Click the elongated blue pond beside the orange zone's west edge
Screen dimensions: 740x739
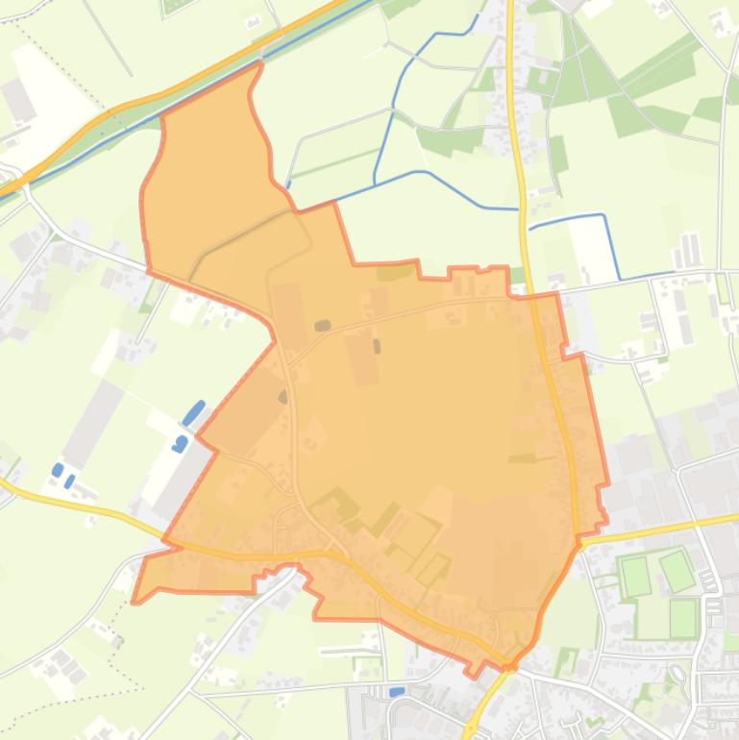tap(194, 413)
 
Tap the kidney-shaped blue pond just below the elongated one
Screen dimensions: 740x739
tap(181, 443)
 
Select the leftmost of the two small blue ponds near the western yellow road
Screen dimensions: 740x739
tap(58, 469)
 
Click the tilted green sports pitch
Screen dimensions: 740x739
tap(677, 571)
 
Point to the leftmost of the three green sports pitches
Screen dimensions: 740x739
tap(636, 576)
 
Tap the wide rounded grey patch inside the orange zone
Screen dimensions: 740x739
tap(323, 326)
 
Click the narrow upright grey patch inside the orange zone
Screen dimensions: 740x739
tap(377, 346)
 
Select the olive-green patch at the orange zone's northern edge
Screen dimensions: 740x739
tap(395, 272)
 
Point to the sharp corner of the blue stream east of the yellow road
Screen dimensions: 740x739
tap(604, 216)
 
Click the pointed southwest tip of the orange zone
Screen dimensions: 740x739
tap(135, 601)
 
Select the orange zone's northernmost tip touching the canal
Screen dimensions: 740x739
tap(259, 64)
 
